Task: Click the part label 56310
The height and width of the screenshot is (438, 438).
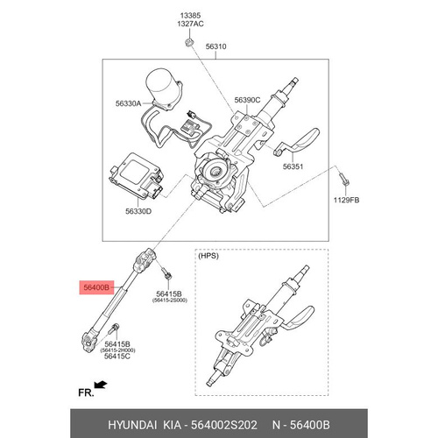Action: (x=215, y=46)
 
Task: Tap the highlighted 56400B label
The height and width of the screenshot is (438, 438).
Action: (x=96, y=287)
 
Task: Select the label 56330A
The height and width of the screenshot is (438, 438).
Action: (x=128, y=103)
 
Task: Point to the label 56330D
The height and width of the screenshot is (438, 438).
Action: (x=138, y=211)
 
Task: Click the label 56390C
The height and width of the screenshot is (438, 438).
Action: (x=247, y=100)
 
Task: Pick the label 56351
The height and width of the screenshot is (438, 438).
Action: (x=293, y=166)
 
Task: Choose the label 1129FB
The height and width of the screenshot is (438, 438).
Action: (x=347, y=201)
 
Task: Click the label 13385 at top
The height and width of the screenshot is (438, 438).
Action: (x=190, y=16)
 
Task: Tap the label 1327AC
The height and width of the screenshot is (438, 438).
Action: (x=190, y=24)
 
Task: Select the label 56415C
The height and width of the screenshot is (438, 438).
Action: (x=117, y=357)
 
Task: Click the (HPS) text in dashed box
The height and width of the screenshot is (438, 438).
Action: (x=208, y=256)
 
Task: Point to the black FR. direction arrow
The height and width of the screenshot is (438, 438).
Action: (x=101, y=385)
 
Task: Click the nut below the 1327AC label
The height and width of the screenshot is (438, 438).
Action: (x=188, y=42)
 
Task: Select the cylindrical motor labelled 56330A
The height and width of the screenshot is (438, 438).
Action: (x=164, y=89)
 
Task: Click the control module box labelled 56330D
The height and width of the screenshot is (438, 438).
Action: (x=137, y=175)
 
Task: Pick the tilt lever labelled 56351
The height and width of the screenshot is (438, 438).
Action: (x=297, y=142)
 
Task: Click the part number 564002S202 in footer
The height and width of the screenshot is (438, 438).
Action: (x=224, y=425)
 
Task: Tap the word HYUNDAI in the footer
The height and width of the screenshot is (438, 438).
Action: (x=132, y=425)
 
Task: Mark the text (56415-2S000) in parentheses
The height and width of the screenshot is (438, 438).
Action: (x=169, y=300)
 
